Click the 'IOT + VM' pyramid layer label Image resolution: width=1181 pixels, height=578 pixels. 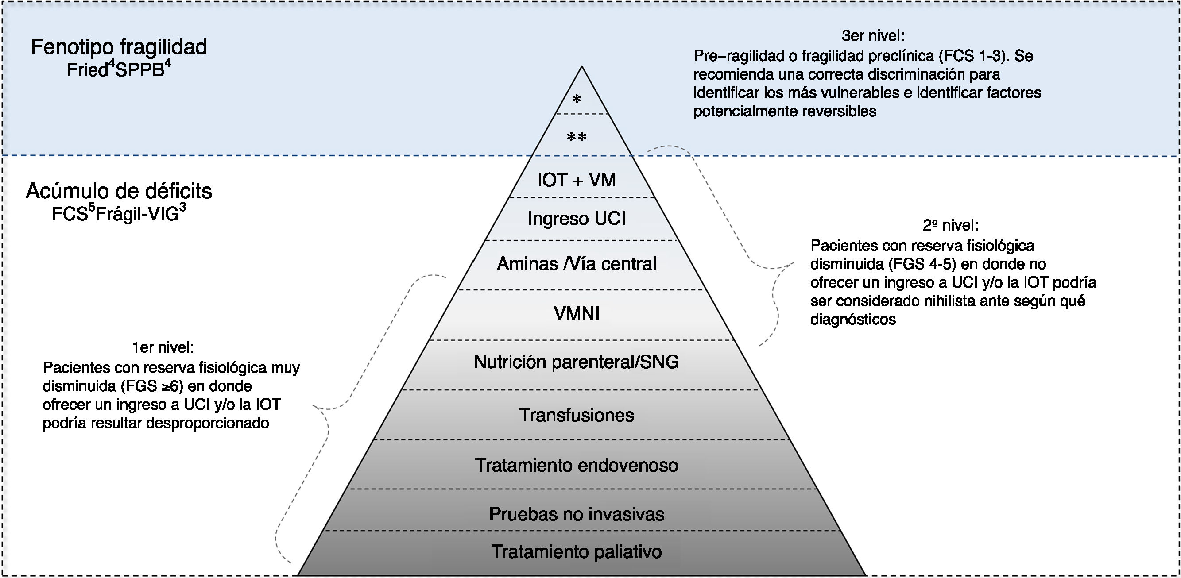(x=576, y=180)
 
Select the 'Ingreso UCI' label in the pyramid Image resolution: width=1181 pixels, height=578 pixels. (x=576, y=219)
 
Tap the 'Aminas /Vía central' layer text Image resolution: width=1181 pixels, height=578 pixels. (x=576, y=264)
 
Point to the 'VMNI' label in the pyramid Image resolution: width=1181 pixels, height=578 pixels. (x=576, y=313)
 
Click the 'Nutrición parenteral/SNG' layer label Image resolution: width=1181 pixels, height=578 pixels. (x=576, y=362)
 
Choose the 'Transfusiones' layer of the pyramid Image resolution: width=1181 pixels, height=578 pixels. (x=576, y=415)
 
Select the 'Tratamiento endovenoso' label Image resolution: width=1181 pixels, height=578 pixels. (x=576, y=465)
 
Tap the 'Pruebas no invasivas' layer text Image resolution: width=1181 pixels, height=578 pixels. (x=576, y=514)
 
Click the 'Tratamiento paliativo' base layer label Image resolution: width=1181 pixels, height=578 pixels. (x=576, y=552)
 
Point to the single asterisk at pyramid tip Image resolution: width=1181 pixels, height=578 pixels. (x=577, y=99)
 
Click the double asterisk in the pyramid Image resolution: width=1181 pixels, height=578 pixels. (x=577, y=137)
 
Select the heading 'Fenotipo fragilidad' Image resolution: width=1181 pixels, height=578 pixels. (x=119, y=47)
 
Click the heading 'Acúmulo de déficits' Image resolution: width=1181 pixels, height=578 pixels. (x=119, y=191)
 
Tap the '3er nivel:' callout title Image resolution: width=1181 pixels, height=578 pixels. (x=873, y=35)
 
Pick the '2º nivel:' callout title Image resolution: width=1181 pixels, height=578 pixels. (x=950, y=226)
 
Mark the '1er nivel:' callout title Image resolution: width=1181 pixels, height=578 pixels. (x=163, y=348)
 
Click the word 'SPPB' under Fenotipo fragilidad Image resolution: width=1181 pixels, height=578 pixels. (x=140, y=70)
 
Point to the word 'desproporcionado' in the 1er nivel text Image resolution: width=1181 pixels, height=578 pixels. (x=207, y=423)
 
